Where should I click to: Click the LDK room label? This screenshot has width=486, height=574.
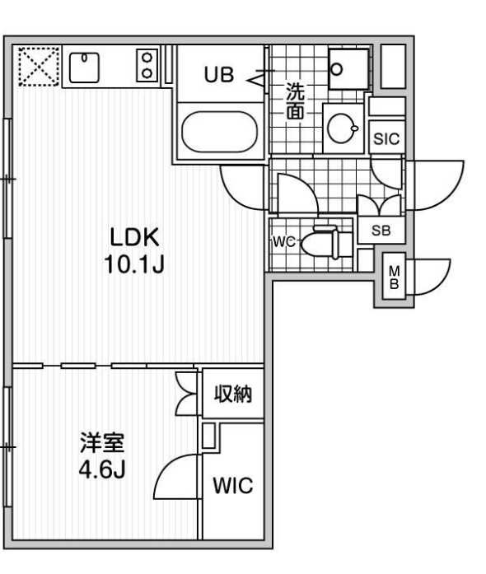coord(135,237)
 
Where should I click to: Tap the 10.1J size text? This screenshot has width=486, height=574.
coord(134,264)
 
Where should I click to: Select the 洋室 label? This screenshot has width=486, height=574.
coord(102,442)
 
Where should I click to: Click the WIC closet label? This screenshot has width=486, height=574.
coord(233,485)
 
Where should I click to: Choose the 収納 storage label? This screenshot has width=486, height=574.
coord(233,394)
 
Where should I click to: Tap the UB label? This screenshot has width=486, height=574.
coord(218,75)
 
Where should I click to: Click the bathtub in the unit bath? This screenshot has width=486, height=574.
coord(220,132)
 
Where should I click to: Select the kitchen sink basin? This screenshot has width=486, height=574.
coord(84,68)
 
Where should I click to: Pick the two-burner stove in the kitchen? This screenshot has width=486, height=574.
coord(147,66)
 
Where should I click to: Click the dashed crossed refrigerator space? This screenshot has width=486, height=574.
coord(39,66)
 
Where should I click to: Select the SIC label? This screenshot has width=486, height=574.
coord(386,138)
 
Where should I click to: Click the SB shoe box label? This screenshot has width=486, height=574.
coord(381,231)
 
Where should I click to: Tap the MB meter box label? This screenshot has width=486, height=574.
coord(394,277)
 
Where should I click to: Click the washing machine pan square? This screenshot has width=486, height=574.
coord(348,69)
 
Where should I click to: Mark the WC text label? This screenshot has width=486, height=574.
coord(284,242)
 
